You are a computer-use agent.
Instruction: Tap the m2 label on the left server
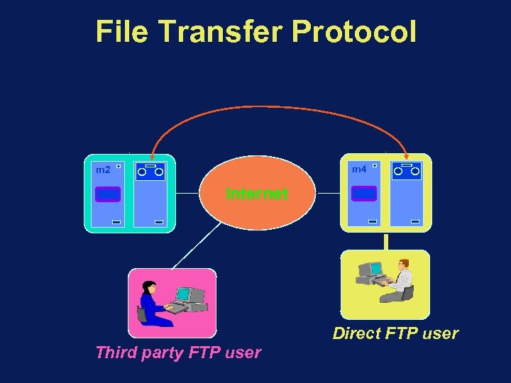103,170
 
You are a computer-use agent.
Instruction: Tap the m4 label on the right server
359,170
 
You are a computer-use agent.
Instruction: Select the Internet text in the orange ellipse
256,194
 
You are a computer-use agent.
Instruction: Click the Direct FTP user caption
395,333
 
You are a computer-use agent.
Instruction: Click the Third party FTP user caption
178,353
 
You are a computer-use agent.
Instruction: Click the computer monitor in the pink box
184,294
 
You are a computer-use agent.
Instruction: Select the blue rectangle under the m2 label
107,194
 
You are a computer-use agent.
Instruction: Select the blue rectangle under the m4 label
364,194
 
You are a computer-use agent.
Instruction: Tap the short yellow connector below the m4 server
385,241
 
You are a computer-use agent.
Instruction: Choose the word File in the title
123,32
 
